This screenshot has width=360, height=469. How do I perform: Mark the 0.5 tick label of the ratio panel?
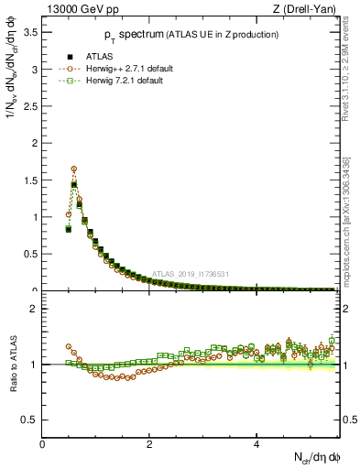point(30,420)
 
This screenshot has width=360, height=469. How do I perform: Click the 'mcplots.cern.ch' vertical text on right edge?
point(351,234)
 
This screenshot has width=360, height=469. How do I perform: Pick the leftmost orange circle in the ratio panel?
point(68,347)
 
